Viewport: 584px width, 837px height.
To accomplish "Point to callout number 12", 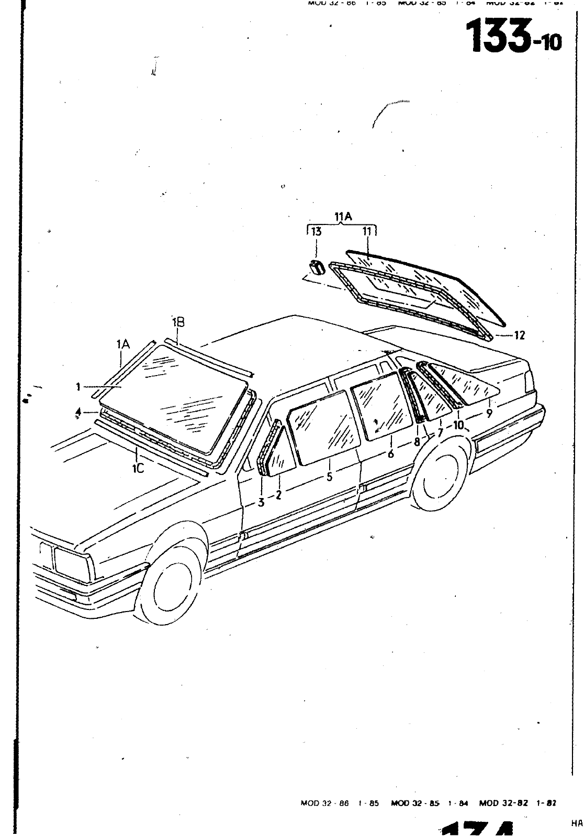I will (x=519, y=336).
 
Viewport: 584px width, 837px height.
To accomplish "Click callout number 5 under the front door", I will (x=329, y=477).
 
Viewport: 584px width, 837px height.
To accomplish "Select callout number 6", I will (x=391, y=454).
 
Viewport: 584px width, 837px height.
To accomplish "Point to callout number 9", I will (x=489, y=413).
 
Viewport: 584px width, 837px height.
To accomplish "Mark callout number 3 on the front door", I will (x=261, y=503).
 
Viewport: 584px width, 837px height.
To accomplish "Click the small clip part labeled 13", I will (x=315, y=268).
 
